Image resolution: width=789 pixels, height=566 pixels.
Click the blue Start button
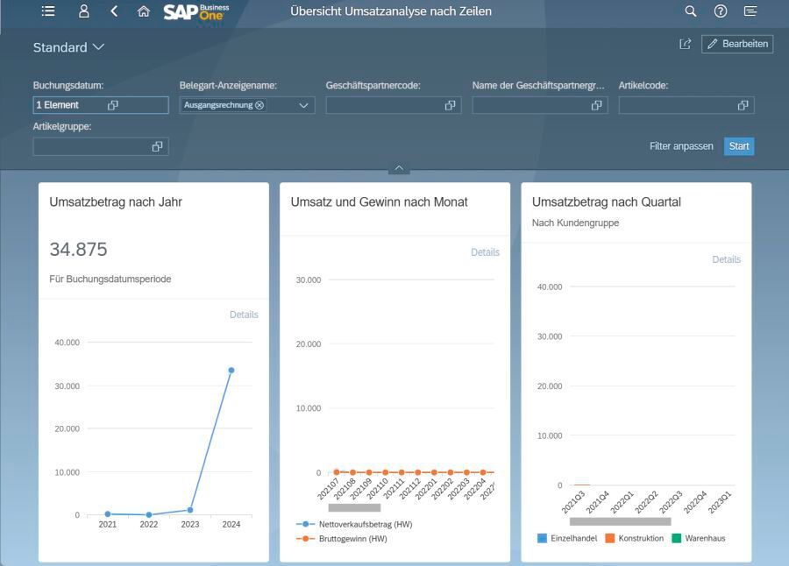click(x=739, y=146)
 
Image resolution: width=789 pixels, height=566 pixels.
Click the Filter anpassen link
click(x=681, y=146)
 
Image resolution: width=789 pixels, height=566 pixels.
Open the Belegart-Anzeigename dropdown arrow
click(x=304, y=105)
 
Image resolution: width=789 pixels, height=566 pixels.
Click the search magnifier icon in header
click(x=691, y=11)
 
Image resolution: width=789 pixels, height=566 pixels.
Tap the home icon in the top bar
click(x=144, y=11)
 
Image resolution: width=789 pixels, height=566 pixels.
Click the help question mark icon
click(x=721, y=11)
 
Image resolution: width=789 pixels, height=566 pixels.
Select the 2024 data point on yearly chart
click(x=231, y=370)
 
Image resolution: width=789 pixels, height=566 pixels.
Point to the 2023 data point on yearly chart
click(x=190, y=510)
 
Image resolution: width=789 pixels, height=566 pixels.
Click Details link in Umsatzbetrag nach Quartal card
click(x=726, y=259)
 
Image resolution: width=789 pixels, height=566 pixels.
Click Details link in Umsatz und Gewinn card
click(x=485, y=252)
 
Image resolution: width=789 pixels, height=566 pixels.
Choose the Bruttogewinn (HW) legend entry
click(x=352, y=539)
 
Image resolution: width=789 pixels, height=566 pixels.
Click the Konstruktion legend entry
click(x=640, y=538)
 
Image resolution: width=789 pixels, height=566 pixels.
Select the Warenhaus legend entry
click(x=704, y=538)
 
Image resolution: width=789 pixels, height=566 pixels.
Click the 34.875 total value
click(x=78, y=250)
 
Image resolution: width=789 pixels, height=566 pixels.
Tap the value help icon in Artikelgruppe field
click(x=158, y=146)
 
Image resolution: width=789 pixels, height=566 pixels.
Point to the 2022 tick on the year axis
click(x=149, y=525)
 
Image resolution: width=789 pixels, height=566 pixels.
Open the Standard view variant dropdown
click(x=97, y=47)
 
